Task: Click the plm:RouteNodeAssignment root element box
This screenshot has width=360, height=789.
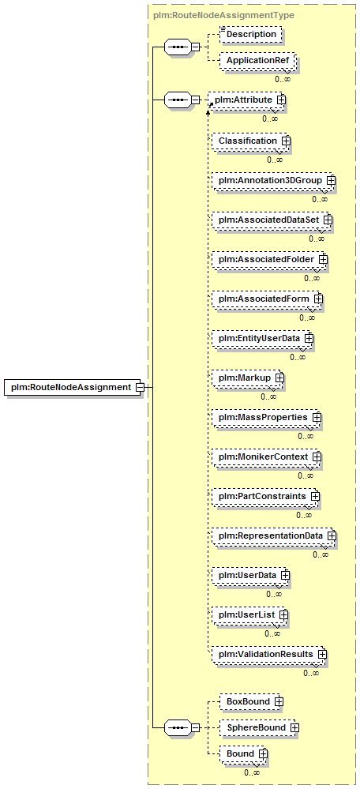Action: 73,388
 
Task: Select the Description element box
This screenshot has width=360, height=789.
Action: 250,34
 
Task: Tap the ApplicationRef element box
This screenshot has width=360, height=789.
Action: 257,60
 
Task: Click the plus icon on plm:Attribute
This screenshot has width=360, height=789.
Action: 280,100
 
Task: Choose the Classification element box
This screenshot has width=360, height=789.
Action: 251,141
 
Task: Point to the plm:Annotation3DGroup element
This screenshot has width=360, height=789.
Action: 273,179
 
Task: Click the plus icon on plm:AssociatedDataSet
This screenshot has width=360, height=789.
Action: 328,220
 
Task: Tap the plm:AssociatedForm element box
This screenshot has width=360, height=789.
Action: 267,299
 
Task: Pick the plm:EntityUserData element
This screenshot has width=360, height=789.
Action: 262,338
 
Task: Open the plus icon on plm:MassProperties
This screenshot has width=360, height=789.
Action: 317,417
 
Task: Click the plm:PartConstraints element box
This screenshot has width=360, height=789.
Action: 266,496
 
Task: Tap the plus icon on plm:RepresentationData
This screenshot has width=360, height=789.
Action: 331,536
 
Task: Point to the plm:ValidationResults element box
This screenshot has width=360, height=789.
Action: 269,654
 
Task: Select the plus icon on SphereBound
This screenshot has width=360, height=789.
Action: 294,727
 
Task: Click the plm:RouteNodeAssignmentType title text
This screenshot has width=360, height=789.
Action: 223,15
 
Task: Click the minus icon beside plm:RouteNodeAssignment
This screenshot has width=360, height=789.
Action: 141,388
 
